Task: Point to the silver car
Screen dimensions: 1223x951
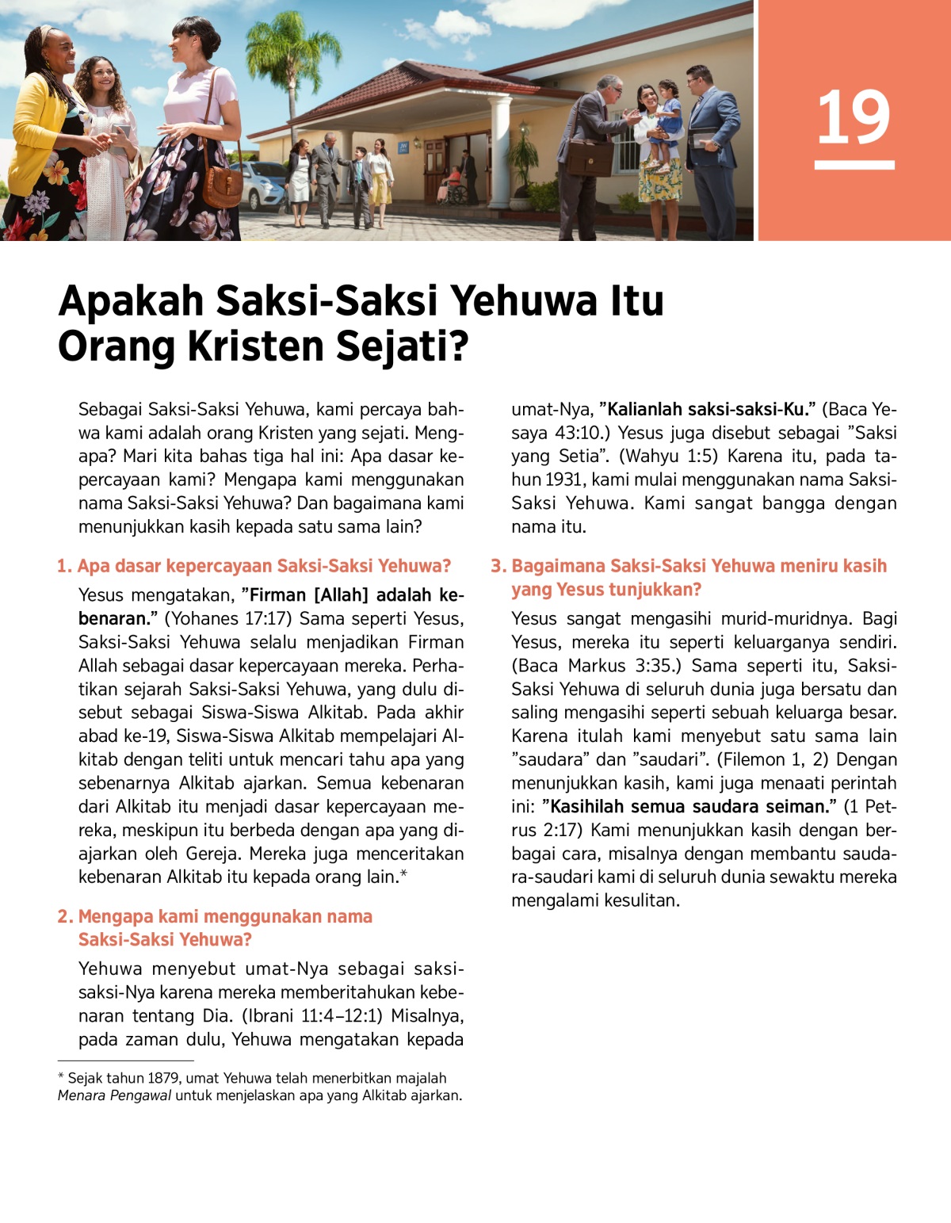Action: [262, 185]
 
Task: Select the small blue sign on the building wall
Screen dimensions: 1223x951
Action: [403, 147]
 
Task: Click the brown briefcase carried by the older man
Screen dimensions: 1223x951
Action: [590, 158]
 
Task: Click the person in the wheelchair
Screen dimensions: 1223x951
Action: [454, 184]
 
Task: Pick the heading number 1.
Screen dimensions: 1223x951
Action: [64, 566]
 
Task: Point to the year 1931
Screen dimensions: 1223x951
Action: [565, 480]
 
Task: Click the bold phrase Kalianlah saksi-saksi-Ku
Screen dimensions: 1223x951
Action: [707, 410]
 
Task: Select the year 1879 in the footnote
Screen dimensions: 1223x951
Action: [162, 1078]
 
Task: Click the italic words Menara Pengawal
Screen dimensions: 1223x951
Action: [114, 1095]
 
